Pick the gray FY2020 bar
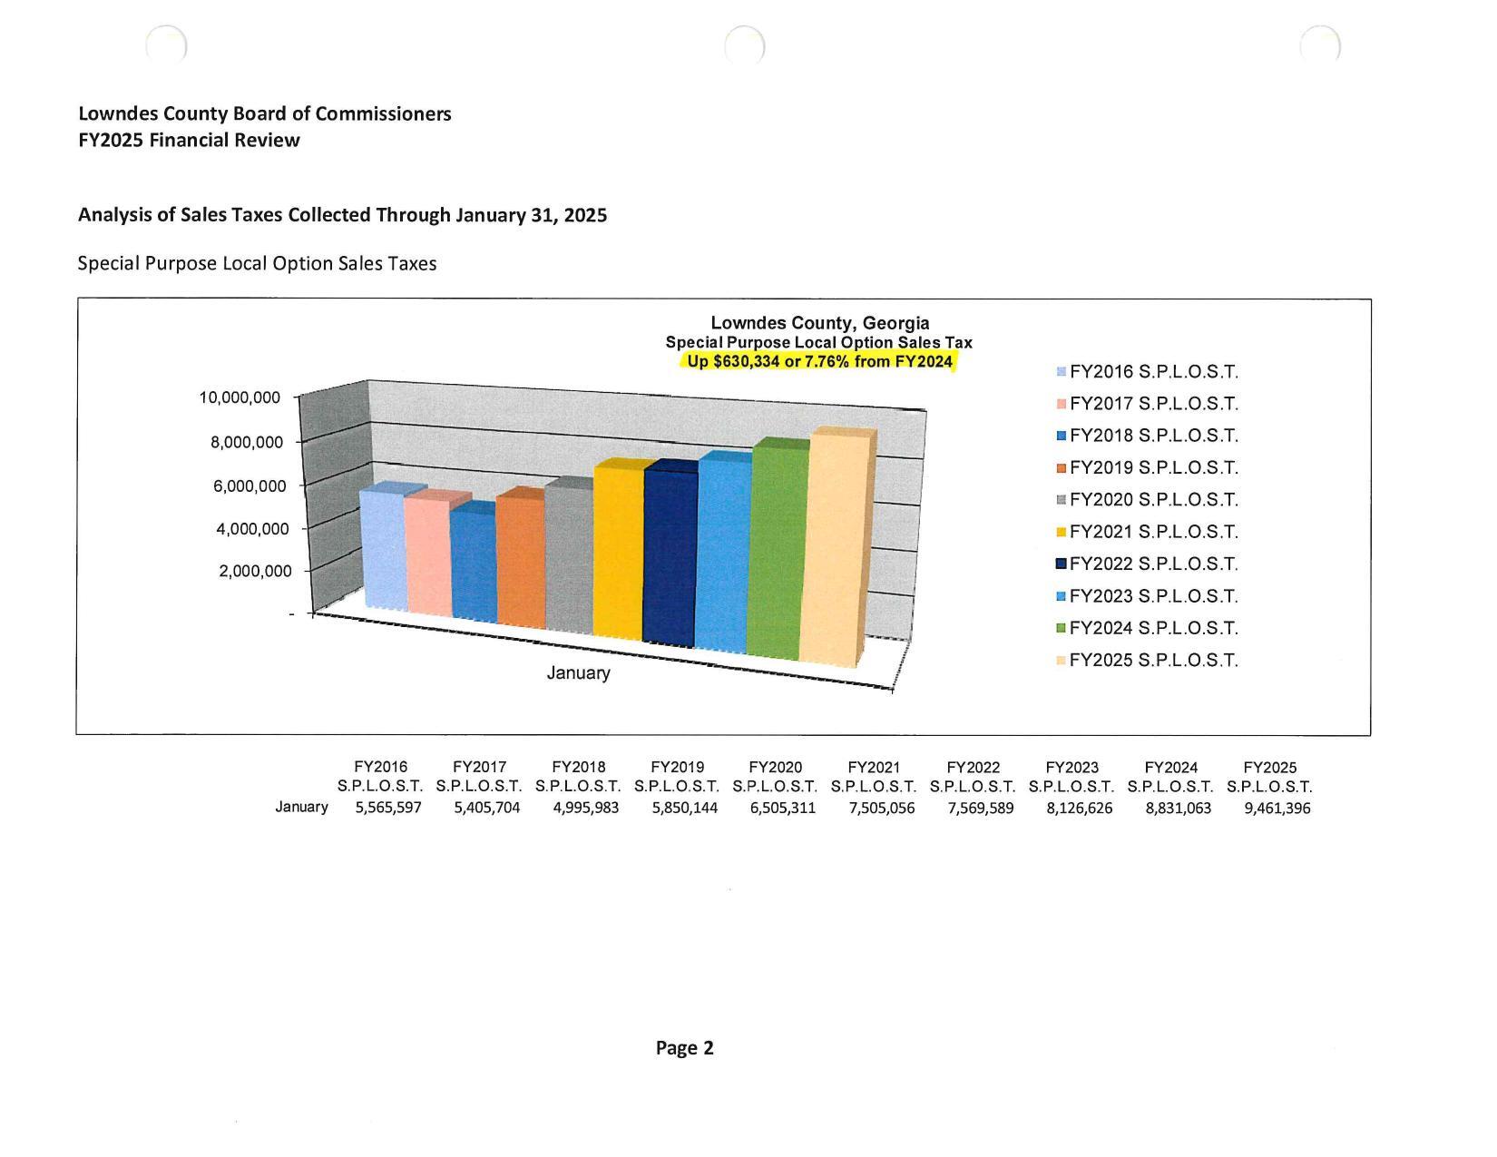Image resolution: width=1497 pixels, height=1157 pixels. [569, 558]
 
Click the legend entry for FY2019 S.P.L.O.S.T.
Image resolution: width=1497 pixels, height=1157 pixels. [1147, 468]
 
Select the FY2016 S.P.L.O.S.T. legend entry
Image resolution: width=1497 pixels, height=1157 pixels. [1147, 372]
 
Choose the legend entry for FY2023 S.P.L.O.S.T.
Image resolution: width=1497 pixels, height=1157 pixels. [1147, 596]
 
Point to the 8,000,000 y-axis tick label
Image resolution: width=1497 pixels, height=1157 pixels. [248, 442]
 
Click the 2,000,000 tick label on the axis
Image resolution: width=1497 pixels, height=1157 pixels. [255, 571]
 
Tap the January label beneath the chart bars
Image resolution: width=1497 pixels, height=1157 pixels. [578, 673]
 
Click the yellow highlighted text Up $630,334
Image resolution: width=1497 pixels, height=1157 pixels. [819, 361]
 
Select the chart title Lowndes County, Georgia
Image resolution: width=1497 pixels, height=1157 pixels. [819, 323]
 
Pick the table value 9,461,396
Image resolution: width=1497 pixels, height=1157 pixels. [1277, 808]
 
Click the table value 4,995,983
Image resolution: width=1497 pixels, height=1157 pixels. [585, 808]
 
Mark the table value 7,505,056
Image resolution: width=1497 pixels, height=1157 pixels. [881, 808]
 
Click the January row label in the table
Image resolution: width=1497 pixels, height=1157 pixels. [301, 807]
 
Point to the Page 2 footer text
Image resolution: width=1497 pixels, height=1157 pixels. [684, 1048]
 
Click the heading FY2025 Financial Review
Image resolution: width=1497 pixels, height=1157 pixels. [189, 140]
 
